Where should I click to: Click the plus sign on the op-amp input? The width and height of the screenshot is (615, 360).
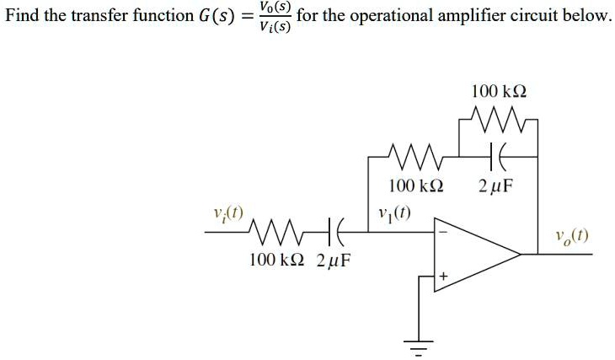tap(443, 277)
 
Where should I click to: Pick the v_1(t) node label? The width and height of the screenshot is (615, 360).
tap(394, 212)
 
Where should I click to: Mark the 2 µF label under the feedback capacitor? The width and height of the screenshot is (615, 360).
tap(494, 185)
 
